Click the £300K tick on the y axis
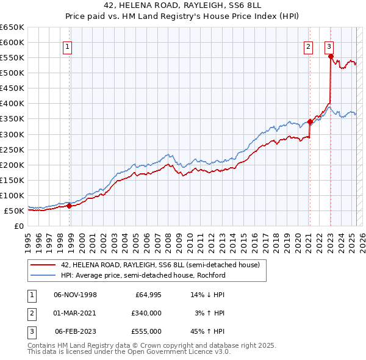(x=12, y=134)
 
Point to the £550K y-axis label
(x=12, y=57)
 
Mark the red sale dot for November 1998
(x=69, y=206)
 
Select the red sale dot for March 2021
(x=310, y=121)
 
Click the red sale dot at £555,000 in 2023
(x=331, y=56)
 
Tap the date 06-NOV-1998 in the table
(x=75, y=295)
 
